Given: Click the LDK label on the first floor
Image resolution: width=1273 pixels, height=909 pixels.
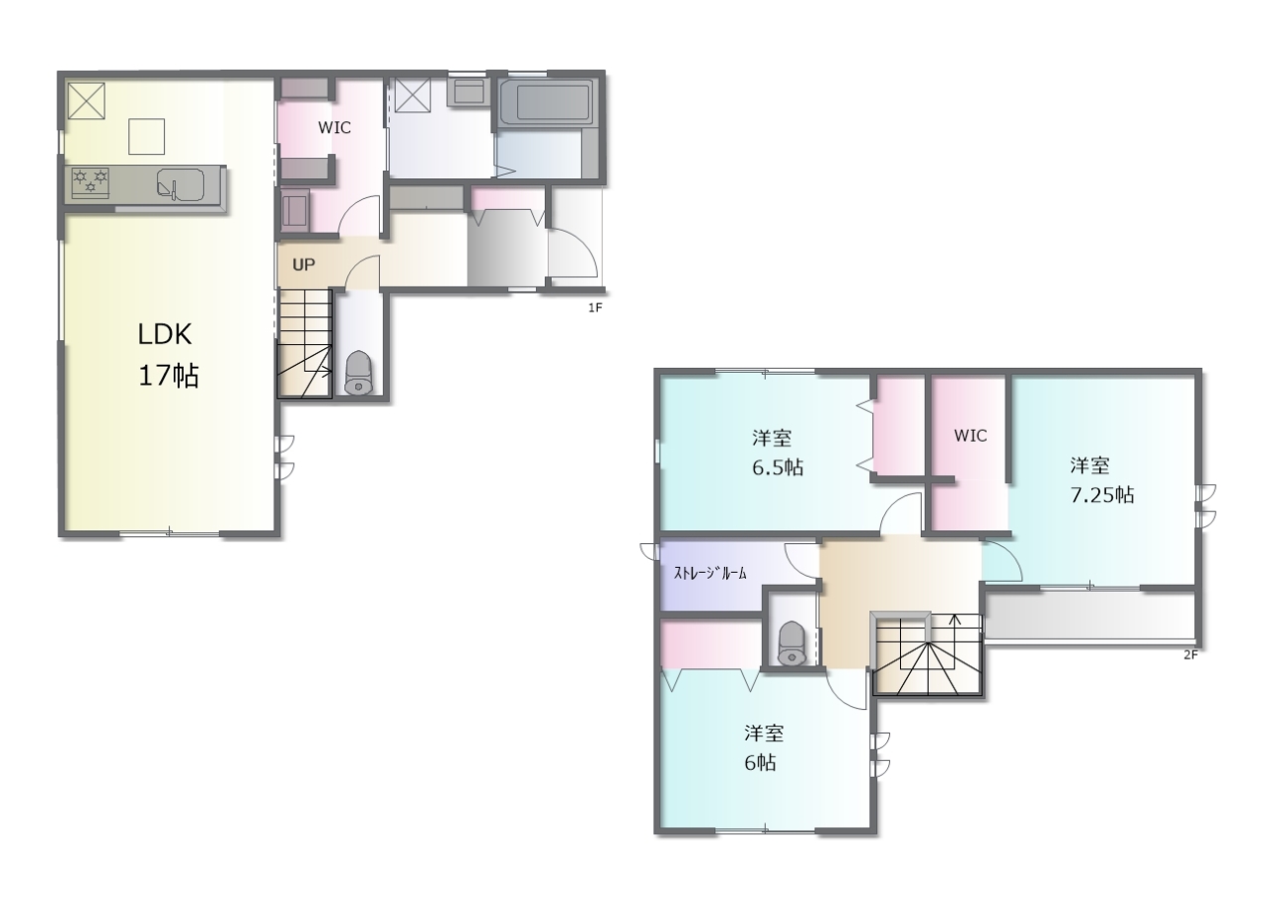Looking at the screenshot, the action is point(165,334).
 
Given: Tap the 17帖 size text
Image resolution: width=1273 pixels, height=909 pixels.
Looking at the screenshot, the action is point(169,376).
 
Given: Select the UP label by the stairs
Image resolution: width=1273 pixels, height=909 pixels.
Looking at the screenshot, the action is point(303,265).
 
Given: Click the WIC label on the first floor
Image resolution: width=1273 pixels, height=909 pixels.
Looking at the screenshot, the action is point(334,128).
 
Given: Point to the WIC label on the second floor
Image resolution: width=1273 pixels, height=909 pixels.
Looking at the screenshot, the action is point(970,436).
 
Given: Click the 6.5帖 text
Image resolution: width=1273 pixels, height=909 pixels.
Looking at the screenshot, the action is point(778,467).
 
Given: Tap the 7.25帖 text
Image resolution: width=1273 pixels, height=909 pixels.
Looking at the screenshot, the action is point(1102,495).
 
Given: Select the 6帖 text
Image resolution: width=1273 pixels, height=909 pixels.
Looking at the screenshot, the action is point(760,763).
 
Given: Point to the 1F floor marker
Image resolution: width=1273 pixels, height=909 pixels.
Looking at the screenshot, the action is point(595,308).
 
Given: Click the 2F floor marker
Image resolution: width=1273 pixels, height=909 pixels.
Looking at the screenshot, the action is point(1190,654).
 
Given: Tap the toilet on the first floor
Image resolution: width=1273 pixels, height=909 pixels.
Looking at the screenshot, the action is point(358,372).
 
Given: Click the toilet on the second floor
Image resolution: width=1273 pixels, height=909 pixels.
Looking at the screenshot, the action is point(791,643).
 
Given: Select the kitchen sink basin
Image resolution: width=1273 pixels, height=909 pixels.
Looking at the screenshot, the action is point(181,185).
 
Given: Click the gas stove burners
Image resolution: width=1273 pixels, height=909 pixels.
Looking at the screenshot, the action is point(91,182).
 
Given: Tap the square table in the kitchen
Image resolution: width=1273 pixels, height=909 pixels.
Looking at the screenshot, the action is point(146,136).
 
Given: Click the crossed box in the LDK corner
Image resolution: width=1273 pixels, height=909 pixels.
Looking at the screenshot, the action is point(87,101).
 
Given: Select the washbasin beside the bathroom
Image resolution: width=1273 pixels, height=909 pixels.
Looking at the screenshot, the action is point(468,92).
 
